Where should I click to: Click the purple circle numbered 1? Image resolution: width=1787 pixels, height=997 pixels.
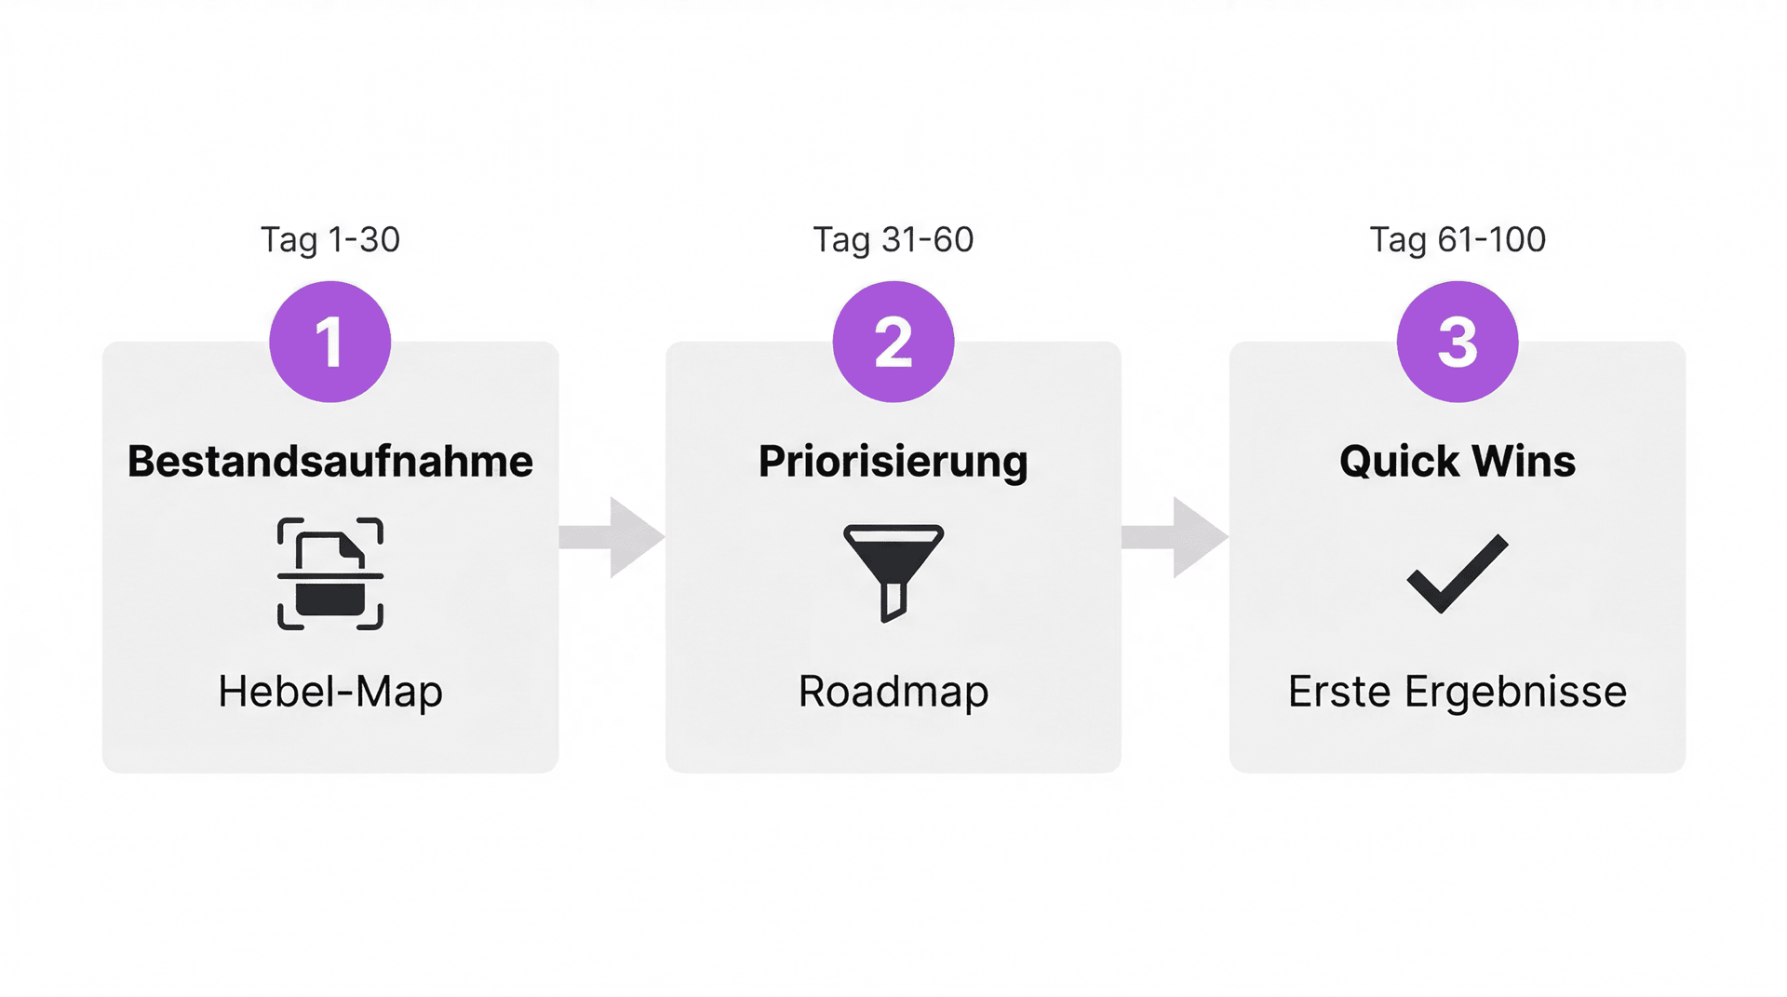point(329,342)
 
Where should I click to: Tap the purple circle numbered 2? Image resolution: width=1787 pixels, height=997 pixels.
point(893,342)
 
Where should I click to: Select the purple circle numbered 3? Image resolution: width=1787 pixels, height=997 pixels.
point(1458,342)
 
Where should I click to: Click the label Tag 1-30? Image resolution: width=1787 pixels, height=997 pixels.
point(329,240)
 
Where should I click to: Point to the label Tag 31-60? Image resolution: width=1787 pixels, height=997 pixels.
point(893,240)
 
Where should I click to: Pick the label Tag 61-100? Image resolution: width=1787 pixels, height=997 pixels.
point(1458,240)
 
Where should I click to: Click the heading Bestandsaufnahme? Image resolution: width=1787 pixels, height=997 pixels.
point(330,462)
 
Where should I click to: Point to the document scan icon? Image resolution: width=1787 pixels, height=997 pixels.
point(330,574)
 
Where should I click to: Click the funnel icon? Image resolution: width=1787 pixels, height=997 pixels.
point(893,573)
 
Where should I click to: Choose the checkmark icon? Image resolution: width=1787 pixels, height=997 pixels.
point(1458,573)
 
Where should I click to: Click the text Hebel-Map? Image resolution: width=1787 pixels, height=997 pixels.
point(330,693)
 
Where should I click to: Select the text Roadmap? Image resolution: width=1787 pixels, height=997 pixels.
point(893,693)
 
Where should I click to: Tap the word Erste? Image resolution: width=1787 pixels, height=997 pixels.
point(1340,692)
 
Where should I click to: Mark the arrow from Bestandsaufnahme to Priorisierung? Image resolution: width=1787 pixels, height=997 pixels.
point(611,537)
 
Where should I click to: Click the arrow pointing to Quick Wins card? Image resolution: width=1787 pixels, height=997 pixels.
point(1175,537)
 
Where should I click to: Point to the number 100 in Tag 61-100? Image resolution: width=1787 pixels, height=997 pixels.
point(1514,239)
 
